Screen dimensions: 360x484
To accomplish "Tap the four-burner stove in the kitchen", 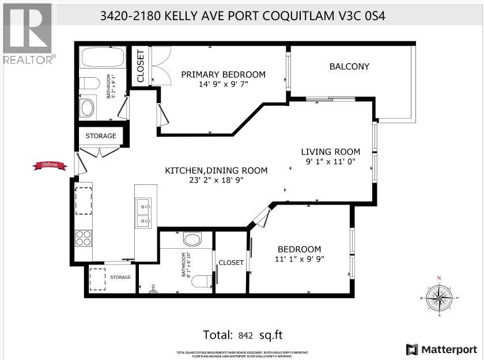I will coord(84,238).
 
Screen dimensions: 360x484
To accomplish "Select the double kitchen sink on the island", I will coord(142,212).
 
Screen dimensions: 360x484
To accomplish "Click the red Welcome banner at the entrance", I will coord(47,166).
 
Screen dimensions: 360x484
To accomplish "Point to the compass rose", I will coord(439,297).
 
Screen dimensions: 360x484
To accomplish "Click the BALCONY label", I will coord(349,66).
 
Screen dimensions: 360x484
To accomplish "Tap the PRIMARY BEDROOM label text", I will coord(223,74).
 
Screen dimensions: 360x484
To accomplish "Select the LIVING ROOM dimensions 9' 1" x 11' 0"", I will coord(331,162).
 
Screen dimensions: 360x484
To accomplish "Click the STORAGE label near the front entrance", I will coord(101,136).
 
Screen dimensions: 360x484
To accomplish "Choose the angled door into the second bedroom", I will coord(261,218).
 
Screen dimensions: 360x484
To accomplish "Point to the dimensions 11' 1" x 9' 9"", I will coord(299,259).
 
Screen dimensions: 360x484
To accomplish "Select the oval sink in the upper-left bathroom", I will coord(88,108).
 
